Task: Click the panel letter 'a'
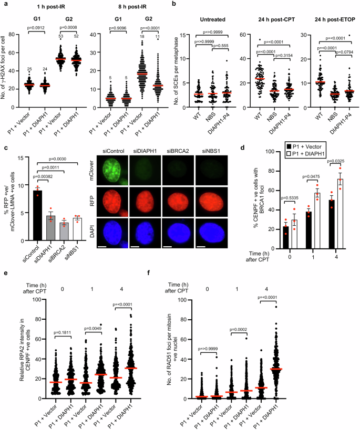[3, 5]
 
